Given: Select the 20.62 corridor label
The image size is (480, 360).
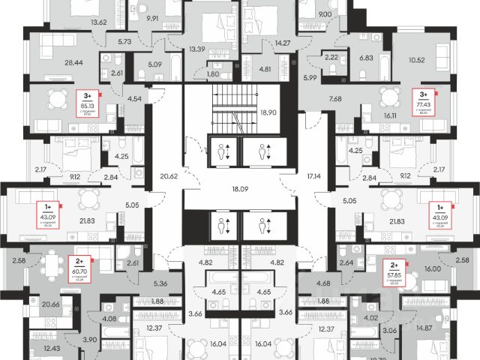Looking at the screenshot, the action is [x=168, y=177].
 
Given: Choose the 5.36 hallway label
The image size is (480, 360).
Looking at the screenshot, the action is [x=158, y=283].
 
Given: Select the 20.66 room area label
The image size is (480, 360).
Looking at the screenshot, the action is [x=52, y=305].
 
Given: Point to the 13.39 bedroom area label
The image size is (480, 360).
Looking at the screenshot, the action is [x=198, y=49].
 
